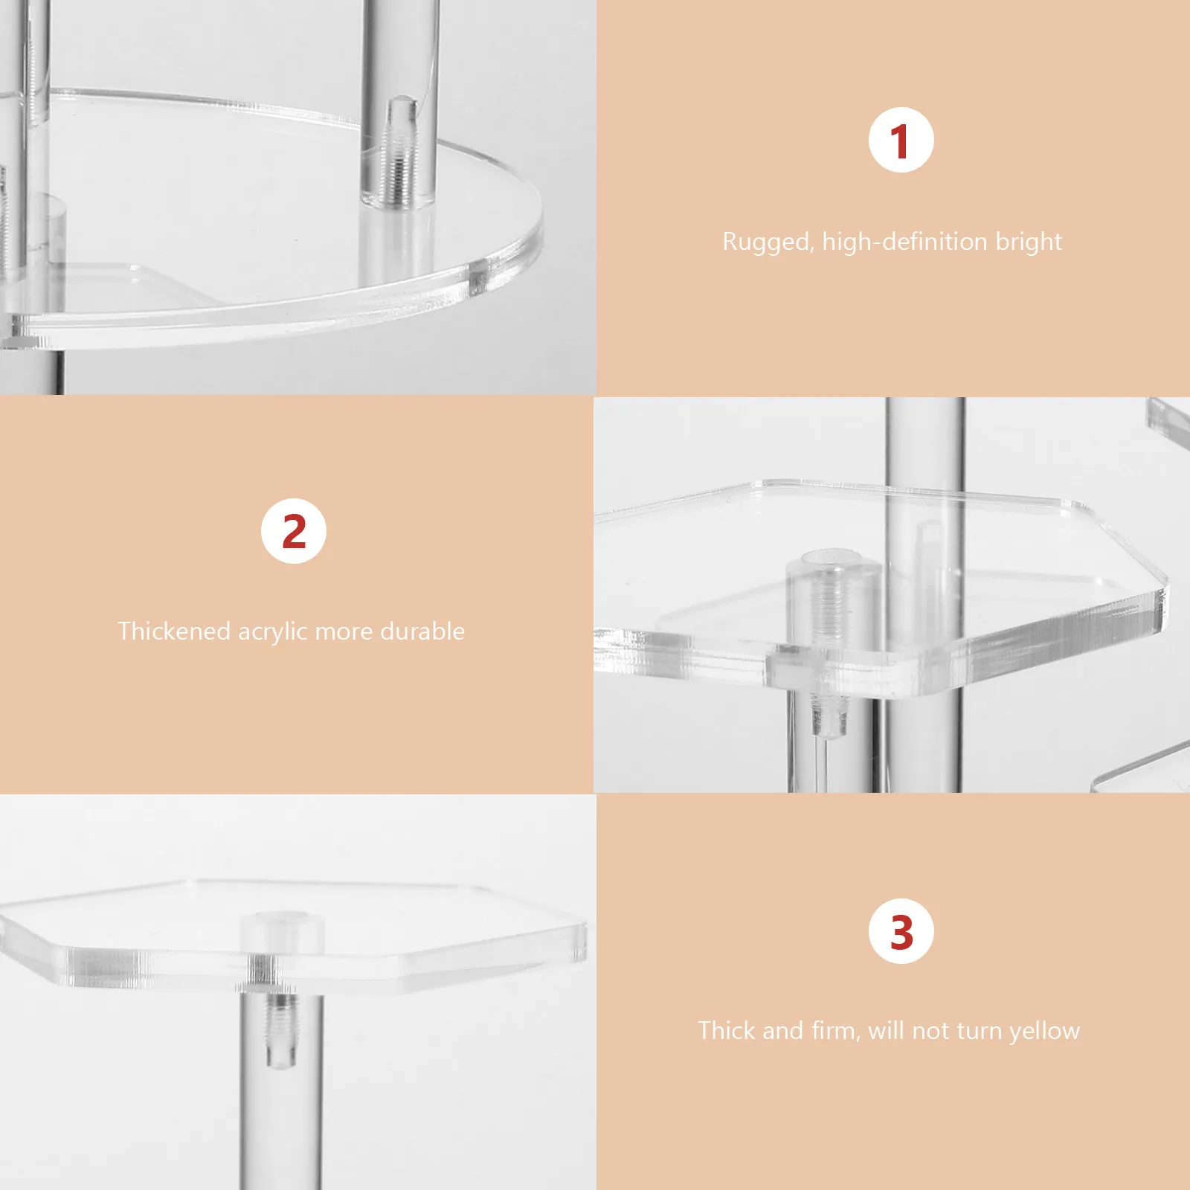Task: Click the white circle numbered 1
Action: [901, 141]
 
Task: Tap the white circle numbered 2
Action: [294, 531]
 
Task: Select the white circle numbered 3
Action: [901, 931]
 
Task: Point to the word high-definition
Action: [904, 242]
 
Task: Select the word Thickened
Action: [174, 631]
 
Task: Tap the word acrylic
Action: [272, 632]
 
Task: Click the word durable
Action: [422, 631]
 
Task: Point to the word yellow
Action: [1044, 1032]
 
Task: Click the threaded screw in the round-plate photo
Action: [399, 156]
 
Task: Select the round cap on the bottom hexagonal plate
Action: [282, 930]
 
